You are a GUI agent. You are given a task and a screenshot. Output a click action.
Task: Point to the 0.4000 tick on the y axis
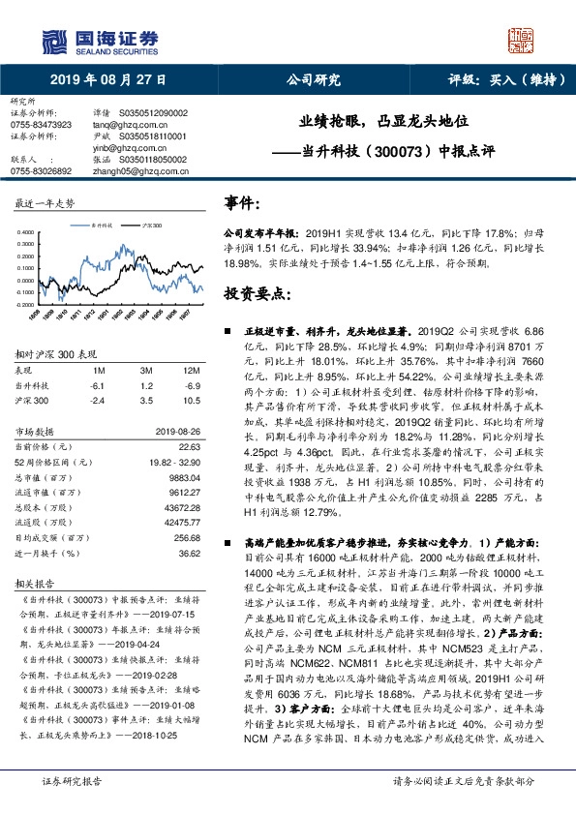coord(25,232)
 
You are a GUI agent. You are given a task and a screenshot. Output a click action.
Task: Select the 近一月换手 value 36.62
coord(189,552)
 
